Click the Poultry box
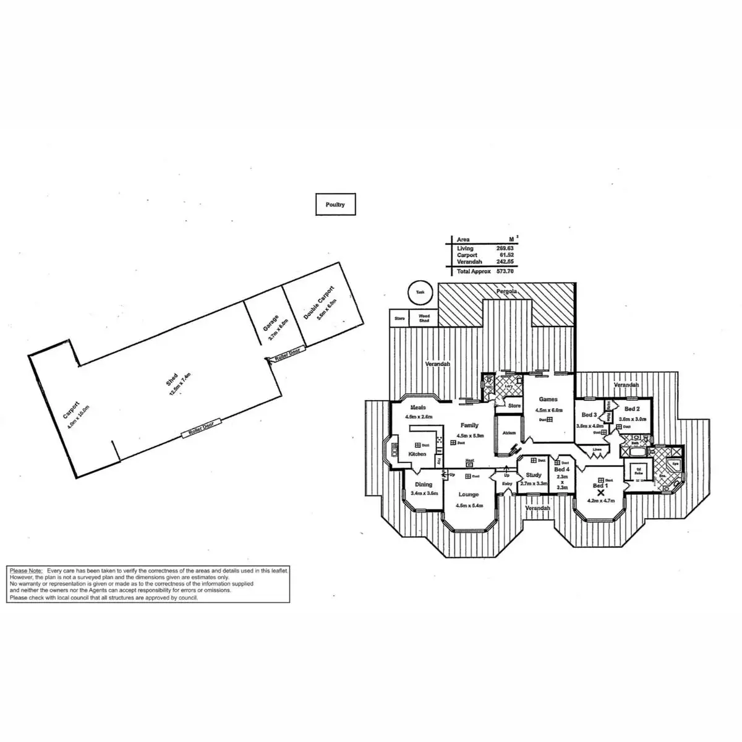[335, 205]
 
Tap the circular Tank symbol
[420, 292]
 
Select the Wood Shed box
[424, 318]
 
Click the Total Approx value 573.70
[505, 271]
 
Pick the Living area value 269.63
[505, 249]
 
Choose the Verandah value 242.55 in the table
[505, 262]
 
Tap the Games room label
[548, 399]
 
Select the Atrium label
[509, 433]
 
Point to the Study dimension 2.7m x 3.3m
[534, 484]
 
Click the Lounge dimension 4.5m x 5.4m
[468, 506]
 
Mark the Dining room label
[424, 485]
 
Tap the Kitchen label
[417, 454]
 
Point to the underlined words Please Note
[26, 571]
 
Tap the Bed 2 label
[631, 409]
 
